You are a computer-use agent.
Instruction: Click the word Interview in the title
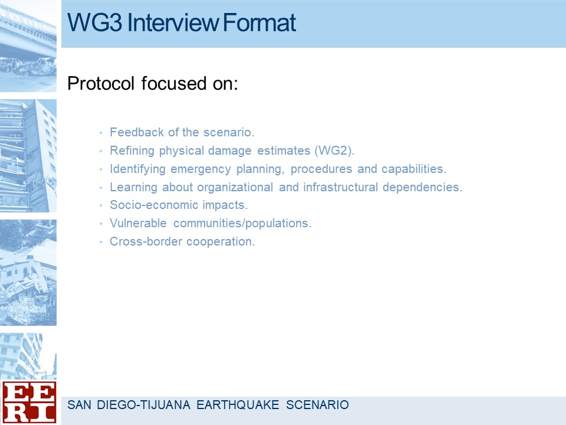point(173,22)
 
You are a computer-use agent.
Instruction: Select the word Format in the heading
point(259,22)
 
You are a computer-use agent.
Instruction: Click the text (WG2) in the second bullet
point(334,151)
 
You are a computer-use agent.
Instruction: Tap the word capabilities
point(414,169)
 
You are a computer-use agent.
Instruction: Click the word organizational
point(235,187)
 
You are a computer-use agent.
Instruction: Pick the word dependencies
point(422,187)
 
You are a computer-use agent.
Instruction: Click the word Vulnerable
point(138,223)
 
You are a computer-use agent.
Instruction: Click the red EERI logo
point(28,402)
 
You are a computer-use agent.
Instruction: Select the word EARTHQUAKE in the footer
point(238,405)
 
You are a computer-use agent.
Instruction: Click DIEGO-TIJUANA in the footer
point(144,405)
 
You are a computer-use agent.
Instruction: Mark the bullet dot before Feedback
point(101,133)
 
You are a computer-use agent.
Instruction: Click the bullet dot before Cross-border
point(101,242)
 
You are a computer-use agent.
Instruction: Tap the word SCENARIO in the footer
point(317,405)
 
